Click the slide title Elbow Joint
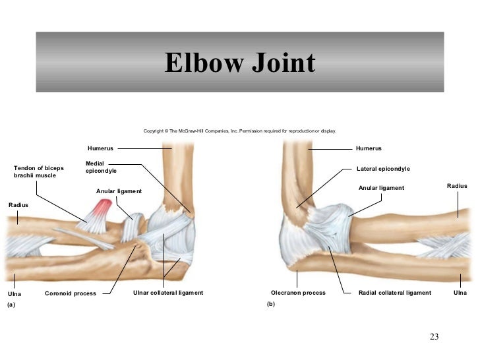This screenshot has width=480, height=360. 240,64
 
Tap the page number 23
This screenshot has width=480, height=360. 434,338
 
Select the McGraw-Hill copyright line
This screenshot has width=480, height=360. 239,131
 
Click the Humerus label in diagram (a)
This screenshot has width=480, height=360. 100,148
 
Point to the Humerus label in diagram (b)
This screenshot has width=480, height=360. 369,148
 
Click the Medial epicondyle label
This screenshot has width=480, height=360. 101,167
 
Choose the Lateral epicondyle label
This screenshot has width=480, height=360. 383,169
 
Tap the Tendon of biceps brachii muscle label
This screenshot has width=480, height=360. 39,172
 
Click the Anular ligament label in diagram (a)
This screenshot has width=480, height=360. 119,191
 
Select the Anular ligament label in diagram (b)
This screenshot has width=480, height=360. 380,188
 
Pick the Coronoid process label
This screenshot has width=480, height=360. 70,293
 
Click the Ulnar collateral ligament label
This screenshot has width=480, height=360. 167,292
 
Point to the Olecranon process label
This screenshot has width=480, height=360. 298,293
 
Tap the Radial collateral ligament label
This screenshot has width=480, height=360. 394,293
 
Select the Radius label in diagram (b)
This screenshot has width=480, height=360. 457,187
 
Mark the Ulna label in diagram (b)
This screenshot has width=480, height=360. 460,293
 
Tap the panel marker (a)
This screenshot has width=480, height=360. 11,306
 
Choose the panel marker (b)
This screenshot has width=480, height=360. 270,305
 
